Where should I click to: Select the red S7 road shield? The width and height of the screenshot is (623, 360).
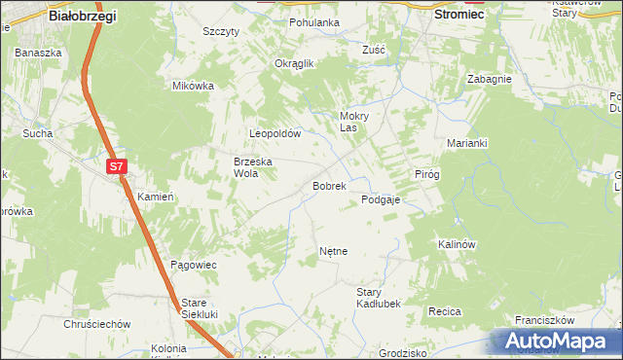117,166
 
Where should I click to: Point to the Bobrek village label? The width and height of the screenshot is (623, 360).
328,185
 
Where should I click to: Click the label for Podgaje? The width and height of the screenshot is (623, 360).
381,199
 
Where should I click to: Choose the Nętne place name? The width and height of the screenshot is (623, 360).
333,251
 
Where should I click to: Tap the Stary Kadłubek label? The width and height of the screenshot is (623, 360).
379,298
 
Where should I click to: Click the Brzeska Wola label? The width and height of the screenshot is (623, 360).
251,167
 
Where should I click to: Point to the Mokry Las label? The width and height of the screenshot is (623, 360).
353,121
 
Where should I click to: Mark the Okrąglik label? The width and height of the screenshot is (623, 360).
293,63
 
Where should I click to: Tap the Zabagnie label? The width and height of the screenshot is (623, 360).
489,80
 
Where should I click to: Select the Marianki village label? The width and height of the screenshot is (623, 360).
467,143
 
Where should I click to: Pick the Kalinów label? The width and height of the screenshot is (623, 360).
456,244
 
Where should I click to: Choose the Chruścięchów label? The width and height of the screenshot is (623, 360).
96,324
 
